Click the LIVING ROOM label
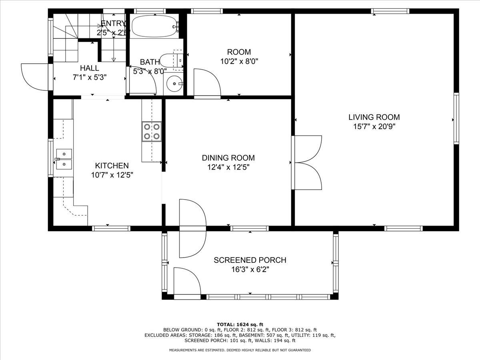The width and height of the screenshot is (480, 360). (374, 117)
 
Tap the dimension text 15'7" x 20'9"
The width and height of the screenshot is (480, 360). (374, 127)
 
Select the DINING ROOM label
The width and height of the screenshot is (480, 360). (228, 158)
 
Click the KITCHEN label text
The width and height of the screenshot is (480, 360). (112, 166)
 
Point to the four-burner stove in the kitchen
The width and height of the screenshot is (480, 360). (152, 132)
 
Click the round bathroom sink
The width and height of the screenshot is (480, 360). (174, 84)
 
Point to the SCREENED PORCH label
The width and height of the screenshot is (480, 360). (250, 260)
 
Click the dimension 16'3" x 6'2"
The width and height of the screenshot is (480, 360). (250, 270)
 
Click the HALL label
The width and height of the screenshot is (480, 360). (89, 68)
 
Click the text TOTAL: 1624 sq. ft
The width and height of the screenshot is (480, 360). (240, 324)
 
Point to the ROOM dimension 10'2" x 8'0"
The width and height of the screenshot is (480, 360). (239, 62)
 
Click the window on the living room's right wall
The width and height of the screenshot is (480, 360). (456, 118)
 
